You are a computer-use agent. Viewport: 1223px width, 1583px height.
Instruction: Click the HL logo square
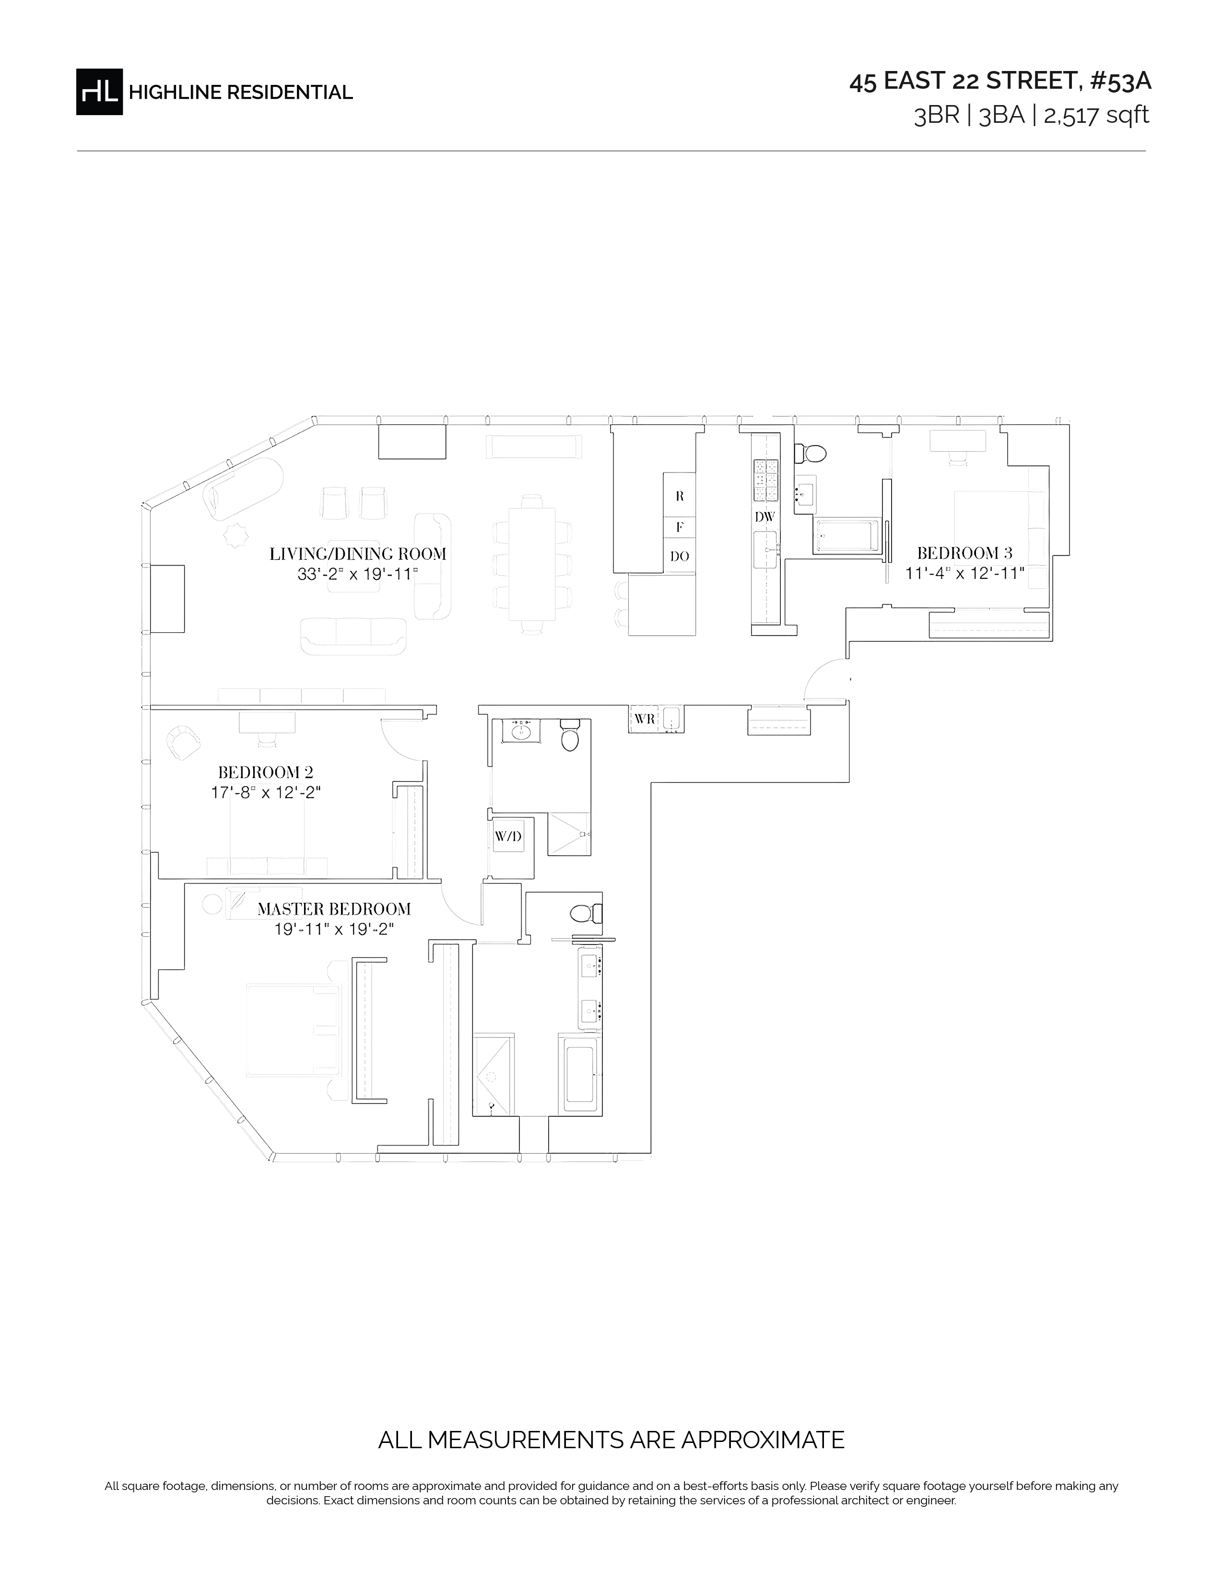click(99, 92)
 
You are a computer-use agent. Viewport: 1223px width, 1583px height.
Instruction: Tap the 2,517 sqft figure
click(1096, 115)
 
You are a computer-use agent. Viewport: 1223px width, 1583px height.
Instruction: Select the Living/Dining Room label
click(358, 554)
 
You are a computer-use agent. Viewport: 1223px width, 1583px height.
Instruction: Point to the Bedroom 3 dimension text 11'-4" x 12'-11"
click(965, 573)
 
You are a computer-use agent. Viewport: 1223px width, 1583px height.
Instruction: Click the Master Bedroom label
click(334, 909)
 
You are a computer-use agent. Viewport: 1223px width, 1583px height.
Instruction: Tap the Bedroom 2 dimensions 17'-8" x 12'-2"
click(266, 792)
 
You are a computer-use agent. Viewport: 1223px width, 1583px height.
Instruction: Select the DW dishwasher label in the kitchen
click(765, 517)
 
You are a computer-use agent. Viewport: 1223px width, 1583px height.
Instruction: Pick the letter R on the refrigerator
click(680, 496)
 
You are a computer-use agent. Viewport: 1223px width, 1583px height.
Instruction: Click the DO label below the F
click(680, 556)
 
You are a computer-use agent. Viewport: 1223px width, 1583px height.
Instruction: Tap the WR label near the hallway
click(645, 719)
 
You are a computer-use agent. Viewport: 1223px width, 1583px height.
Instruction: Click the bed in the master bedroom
click(293, 1030)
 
